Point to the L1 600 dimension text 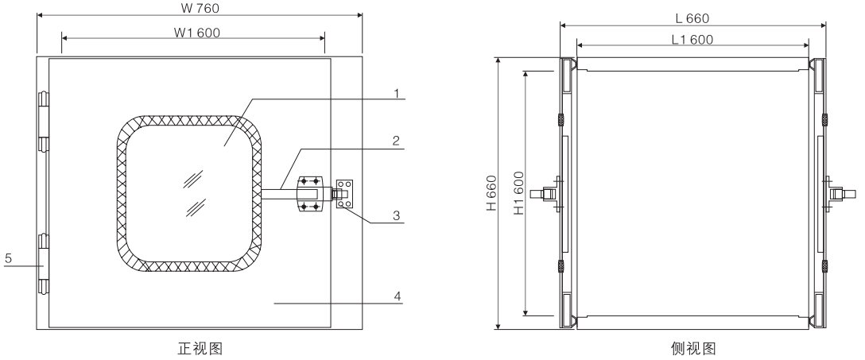pyautogui.click(x=692, y=40)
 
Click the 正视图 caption pyautogui.click(x=197, y=347)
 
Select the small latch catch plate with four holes pyautogui.click(x=343, y=193)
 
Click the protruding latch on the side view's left pyautogui.click(x=549, y=192)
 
